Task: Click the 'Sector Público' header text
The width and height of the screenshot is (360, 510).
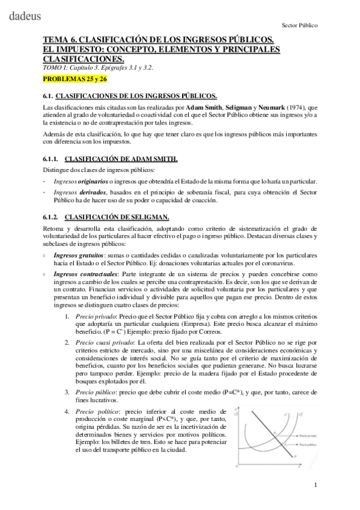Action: (299, 26)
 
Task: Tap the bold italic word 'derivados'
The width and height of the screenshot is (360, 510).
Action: (93, 192)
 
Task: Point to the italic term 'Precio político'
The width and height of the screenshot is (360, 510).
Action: (93, 411)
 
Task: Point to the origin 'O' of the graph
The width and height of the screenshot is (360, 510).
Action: (236, 465)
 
